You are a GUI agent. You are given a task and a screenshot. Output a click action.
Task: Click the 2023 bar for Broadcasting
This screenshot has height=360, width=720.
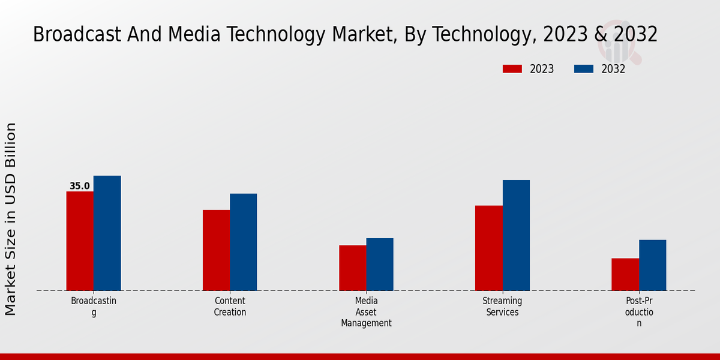pyautogui.click(x=80, y=241)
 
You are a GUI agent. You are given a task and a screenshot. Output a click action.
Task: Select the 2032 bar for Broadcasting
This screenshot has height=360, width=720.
pyautogui.click(x=107, y=233)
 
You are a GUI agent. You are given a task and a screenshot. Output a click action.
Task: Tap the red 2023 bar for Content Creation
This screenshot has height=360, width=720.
pyautogui.click(x=216, y=250)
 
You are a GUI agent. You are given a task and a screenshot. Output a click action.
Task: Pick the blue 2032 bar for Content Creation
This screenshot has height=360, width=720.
pyautogui.click(x=243, y=242)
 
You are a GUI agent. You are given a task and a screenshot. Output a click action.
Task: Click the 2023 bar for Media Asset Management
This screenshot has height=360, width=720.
pyautogui.click(x=353, y=268)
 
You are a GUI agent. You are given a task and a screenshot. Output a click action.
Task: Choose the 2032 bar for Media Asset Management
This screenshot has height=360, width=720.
pyautogui.click(x=380, y=265)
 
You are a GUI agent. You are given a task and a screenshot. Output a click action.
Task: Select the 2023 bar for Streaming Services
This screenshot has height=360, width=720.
pyautogui.click(x=489, y=248)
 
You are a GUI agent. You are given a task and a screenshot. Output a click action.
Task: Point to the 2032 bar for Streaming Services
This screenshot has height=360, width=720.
pyautogui.click(x=516, y=235)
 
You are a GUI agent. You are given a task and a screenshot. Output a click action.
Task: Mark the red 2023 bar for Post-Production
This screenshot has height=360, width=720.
pyautogui.click(x=625, y=275)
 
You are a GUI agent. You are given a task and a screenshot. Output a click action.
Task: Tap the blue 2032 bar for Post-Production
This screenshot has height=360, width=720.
pyautogui.click(x=652, y=265)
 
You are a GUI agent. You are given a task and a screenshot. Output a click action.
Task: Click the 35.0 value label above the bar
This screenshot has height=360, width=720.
pyautogui.click(x=80, y=186)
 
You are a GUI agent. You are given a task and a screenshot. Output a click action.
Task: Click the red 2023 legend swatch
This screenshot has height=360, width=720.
pyautogui.click(x=512, y=69)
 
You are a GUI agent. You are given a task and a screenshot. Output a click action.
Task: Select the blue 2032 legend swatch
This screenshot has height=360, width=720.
pyautogui.click(x=584, y=69)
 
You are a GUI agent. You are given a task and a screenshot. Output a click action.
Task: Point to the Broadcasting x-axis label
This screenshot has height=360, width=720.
pyautogui.click(x=94, y=307)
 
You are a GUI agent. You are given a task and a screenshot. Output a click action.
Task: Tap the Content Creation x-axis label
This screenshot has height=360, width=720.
pyautogui.click(x=230, y=307)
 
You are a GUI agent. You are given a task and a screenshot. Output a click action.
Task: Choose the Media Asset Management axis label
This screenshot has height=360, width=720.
pyautogui.click(x=366, y=312)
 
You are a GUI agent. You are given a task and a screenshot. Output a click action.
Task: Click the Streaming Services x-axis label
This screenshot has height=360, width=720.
pyautogui.click(x=502, y=307)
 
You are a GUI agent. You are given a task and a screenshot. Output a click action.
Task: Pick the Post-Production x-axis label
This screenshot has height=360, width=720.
pyautogui.click(x=639, y=312)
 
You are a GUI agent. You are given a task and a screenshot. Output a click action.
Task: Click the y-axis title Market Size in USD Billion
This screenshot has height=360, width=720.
pyautogui.click(x=11, y=219)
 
